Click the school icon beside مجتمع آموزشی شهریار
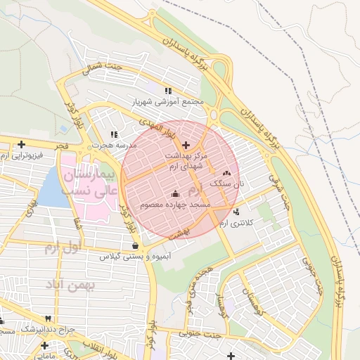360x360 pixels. pos(167,91)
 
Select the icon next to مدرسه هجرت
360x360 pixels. pos(114,134)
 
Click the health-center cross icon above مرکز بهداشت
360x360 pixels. pos(186,144)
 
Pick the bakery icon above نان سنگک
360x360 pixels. pos(226,173)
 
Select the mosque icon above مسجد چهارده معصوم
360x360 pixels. pos(174,194)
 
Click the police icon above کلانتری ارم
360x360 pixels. pos(235,212)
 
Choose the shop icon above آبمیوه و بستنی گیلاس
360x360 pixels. pos(135,245)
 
